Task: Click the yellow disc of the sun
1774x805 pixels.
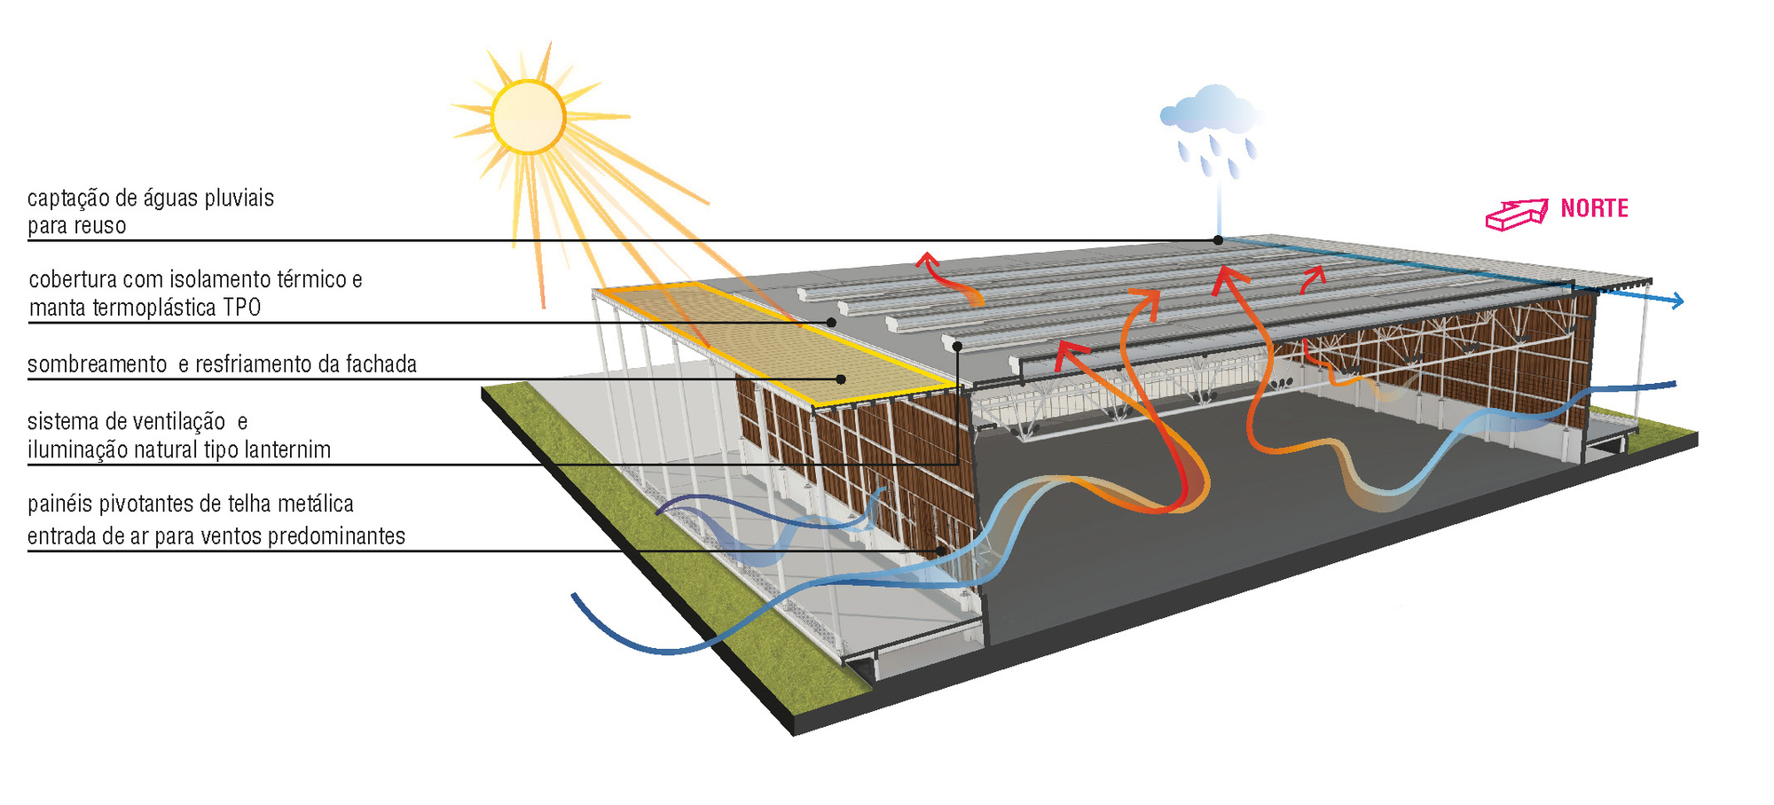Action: (529, 116)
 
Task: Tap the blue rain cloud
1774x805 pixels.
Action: (1211, 110)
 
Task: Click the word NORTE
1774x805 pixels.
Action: (1594, 208)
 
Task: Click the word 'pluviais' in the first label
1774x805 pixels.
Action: (239, 198)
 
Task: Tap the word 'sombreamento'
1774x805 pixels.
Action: (98, 364)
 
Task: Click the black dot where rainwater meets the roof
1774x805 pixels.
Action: (1218, 240)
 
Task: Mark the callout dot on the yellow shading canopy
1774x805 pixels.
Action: (841, 379)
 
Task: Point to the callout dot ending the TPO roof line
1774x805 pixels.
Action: (832, 322)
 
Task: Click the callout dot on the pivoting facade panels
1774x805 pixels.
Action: (941, 551)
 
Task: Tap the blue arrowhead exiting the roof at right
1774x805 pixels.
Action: (1676, 301)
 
